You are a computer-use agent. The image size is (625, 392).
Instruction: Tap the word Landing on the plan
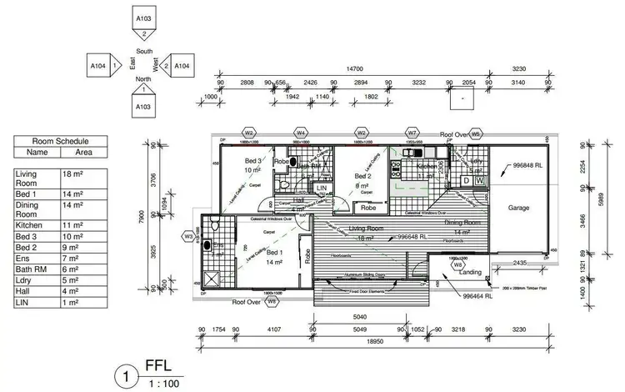pos(470,271)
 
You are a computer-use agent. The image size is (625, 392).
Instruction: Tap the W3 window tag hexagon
pos(189,236)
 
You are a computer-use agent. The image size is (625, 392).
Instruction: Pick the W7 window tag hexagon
pos(412,132)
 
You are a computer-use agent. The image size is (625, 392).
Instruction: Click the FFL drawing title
pos(157,365)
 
